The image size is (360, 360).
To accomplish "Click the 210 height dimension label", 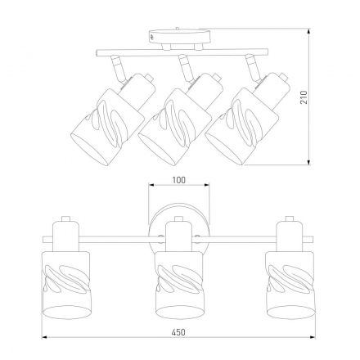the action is (x=304, y=97).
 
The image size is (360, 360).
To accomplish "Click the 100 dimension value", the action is (x=179, y=180).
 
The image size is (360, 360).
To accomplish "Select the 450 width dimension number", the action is (x=178, y=332).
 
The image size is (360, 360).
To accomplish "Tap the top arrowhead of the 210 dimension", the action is (x=309, y=31).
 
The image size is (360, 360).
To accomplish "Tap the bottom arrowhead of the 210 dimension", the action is (x=309, y=162).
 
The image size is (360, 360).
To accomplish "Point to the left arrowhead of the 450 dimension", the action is (x=45, y=338).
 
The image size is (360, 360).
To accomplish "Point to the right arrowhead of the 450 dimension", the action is (x=313, y=338).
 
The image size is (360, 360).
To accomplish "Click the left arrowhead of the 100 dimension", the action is (x=151, y=185).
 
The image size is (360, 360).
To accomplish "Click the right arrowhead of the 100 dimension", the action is (x=206, y=185).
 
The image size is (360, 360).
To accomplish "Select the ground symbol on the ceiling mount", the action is (x=152, y=37).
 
